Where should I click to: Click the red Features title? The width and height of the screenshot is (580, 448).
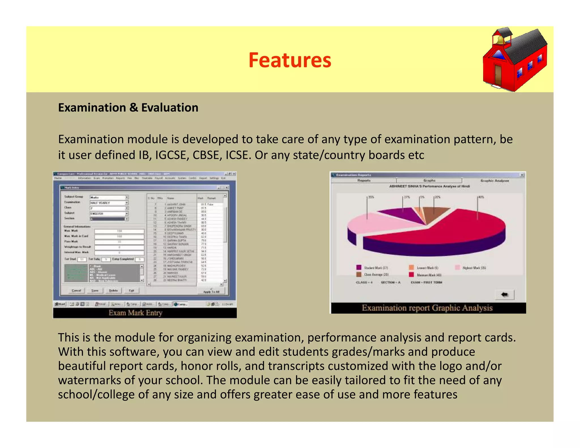click(x=290, y=60)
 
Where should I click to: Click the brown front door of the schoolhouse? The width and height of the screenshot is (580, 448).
click(x=498, y=74)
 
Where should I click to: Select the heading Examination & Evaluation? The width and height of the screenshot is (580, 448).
click(x=128, y=108)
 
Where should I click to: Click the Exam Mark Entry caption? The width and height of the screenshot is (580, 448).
click(x=135, y=313)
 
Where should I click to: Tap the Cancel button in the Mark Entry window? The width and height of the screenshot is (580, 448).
click(x=76, y=291)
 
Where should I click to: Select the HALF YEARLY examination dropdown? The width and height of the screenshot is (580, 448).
click(x=109, y=203)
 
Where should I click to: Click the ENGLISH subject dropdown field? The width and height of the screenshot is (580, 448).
click(x=109, y=214)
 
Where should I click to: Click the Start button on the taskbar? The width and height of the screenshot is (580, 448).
click(x=60, y=304)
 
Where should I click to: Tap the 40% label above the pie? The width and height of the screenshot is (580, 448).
click(x=481, y=197)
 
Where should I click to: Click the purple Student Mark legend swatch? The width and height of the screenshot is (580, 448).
click(x=359, y=267)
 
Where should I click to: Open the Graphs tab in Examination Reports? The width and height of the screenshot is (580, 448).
click(x=429, y=180)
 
